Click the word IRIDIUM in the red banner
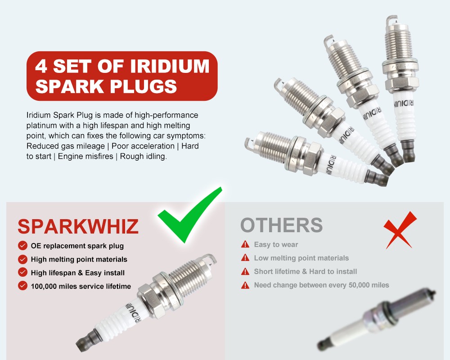pos(170,66)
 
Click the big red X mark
pos(400,229)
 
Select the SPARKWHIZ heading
pos(78,226)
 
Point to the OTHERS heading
pos(282,225)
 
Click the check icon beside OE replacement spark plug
pos(22,246)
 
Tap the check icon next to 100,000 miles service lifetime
pos(22,286)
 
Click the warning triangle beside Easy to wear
pos(245,244)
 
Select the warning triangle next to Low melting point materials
pos(245,257)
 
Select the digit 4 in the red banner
pos(41,66)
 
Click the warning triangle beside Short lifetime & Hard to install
pos(245,271)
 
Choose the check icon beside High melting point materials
pos(22,259)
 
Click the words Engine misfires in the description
pos(85,157)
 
